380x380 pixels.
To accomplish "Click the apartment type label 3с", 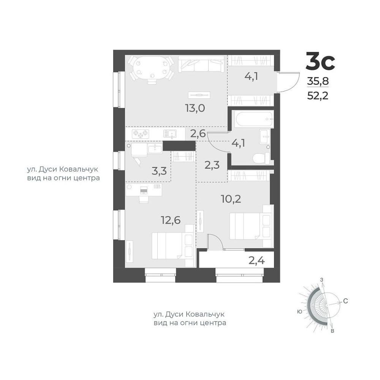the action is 320,61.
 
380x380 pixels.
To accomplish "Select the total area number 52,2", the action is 318,96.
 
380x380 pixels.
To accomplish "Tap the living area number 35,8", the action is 318,81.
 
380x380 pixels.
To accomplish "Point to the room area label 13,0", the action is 195,108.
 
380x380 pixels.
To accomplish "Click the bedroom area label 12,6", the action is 171,220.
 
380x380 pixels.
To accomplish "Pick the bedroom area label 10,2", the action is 231,199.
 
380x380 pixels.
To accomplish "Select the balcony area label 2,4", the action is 256,261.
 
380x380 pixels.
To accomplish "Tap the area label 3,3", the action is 159,171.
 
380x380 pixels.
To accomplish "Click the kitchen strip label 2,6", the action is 198,133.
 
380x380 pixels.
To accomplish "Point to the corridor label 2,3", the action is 212,165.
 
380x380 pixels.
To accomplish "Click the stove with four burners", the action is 140,133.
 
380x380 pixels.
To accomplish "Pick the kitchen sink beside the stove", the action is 170,133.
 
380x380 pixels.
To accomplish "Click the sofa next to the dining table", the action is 201,64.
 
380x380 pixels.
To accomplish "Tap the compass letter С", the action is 345,301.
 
